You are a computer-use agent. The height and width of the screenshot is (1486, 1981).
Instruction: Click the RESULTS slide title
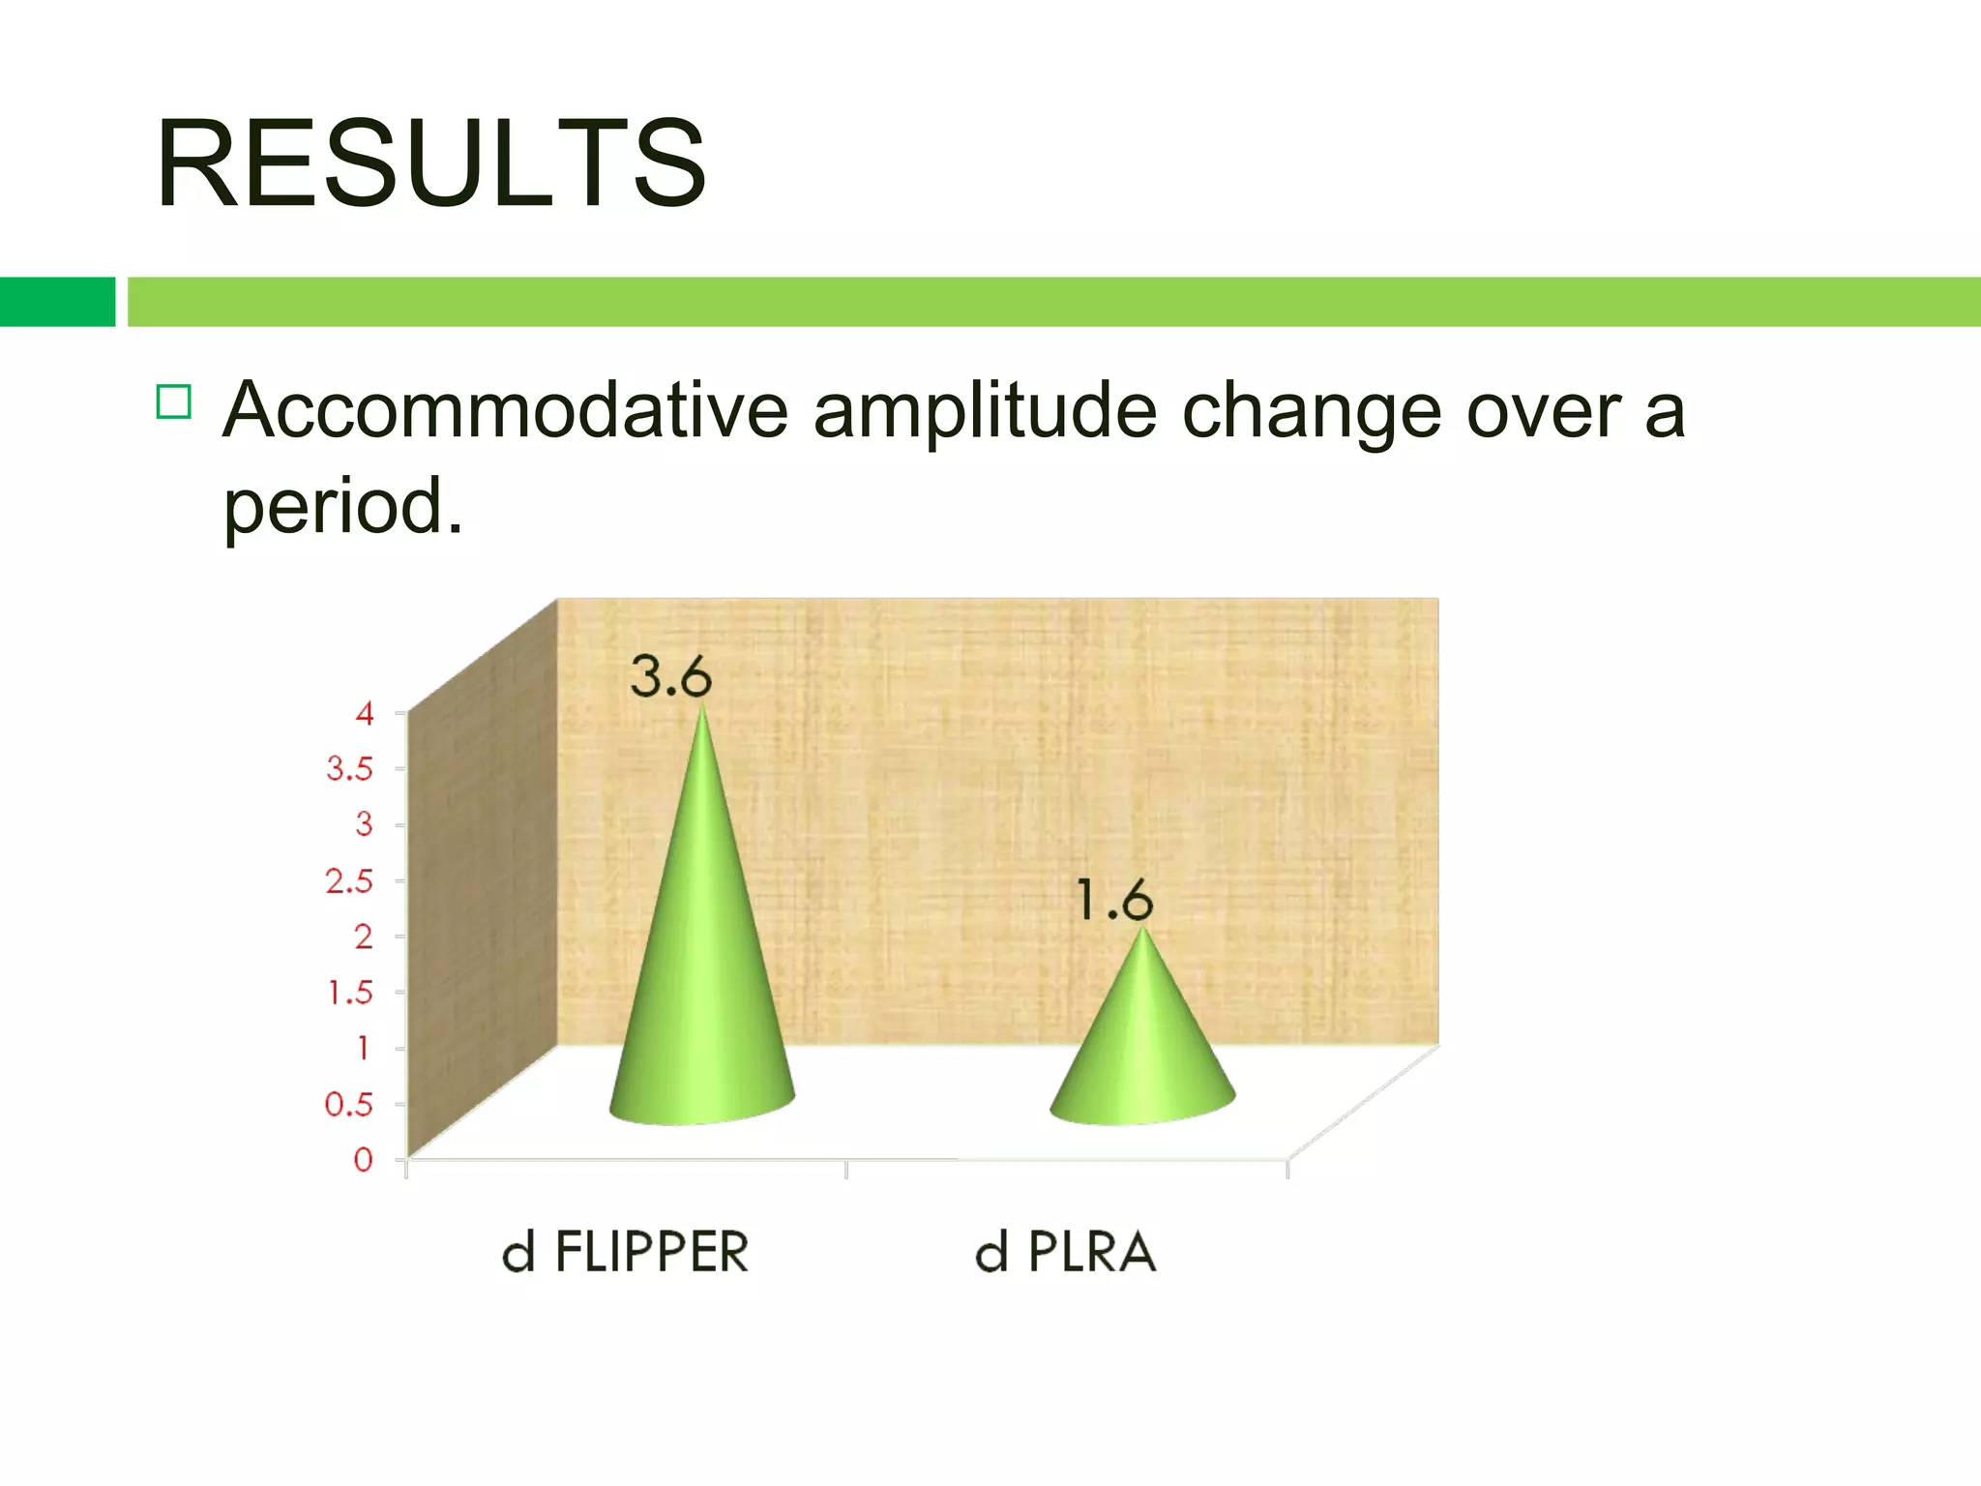pos(430,163)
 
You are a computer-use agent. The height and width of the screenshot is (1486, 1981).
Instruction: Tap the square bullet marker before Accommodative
pos(174,401)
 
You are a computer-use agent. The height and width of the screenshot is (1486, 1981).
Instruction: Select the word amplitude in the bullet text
pos(985,412)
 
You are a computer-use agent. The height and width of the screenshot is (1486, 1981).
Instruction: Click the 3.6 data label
pos(670,676)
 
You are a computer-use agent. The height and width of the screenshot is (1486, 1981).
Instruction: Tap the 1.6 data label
pos(1114,901)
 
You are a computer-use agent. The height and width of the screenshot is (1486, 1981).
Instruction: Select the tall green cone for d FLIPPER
pos(702,967)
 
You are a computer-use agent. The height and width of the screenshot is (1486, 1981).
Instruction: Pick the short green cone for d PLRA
pos(1142,1045)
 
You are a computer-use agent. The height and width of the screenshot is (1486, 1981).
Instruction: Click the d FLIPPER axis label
pos(626,1252)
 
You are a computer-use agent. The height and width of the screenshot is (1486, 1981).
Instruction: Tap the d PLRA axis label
pos(1065,1252)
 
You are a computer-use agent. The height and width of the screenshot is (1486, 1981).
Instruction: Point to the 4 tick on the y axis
pos(365,714)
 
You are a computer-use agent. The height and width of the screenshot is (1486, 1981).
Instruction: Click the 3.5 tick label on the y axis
pos(349,769)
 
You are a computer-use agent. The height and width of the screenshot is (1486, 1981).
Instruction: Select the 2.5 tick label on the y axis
pos(349,881)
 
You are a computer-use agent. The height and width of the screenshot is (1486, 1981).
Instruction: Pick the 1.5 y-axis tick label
pos(350,993)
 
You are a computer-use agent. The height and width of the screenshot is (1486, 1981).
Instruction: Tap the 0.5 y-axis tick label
pos(349,1104)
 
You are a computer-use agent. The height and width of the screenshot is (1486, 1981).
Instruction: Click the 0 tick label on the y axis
pos(364,1159)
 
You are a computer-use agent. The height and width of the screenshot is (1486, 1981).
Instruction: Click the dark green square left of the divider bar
pos(57,302)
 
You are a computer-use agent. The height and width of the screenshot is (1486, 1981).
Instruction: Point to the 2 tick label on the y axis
pos(364,936)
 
